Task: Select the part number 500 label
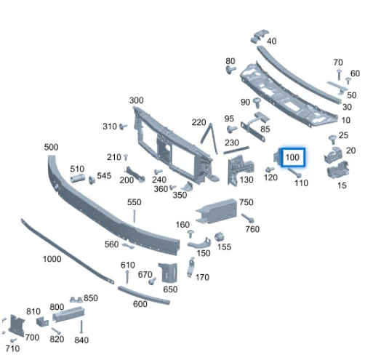pyautogui.click(x=51, y=147)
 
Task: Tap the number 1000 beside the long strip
pyautogui.click(x=52, y=259)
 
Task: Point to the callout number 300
pyautogui.click(x=136, y=100)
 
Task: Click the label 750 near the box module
pyautogui.click(x=246, y=202)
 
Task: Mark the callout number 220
pyautogui.click(x=199, y=121)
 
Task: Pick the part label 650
pyautogui.click(x=170, y=289)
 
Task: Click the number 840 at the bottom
pyautogui.click(x=81, y=340)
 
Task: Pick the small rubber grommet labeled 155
pyautogui.click(x=217, y=238)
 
